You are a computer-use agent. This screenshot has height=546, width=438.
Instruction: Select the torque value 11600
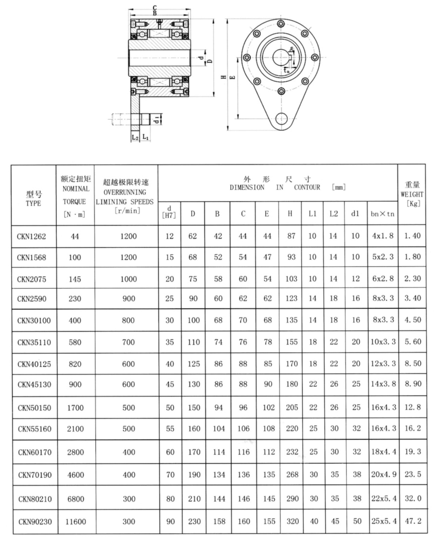pos(75,521)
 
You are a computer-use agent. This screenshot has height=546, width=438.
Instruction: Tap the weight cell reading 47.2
pos(412,521)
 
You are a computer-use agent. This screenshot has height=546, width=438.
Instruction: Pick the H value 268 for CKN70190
pos(292,474)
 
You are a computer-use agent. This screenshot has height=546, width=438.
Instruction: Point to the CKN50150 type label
pos(34,408)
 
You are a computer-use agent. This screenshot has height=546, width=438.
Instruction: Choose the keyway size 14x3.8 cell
pos(383,384)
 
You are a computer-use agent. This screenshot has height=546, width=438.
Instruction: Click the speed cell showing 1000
pos(128,279)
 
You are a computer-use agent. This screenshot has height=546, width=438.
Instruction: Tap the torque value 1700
pos(75,408)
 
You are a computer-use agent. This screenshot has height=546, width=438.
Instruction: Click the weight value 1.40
pos(412,236)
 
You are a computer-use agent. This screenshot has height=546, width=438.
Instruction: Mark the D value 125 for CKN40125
pos(193,363)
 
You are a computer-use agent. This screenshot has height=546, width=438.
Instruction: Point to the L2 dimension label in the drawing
pos(135,138)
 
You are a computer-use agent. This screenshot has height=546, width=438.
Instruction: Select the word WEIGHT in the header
pos(412,194)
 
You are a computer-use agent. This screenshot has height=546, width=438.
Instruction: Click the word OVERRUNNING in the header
pos(126,191)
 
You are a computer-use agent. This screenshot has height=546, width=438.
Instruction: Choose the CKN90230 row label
pos(34,521)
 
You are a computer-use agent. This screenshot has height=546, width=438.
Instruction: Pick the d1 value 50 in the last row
pos(357,521)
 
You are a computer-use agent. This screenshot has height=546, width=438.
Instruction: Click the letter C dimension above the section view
pos(154,7)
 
